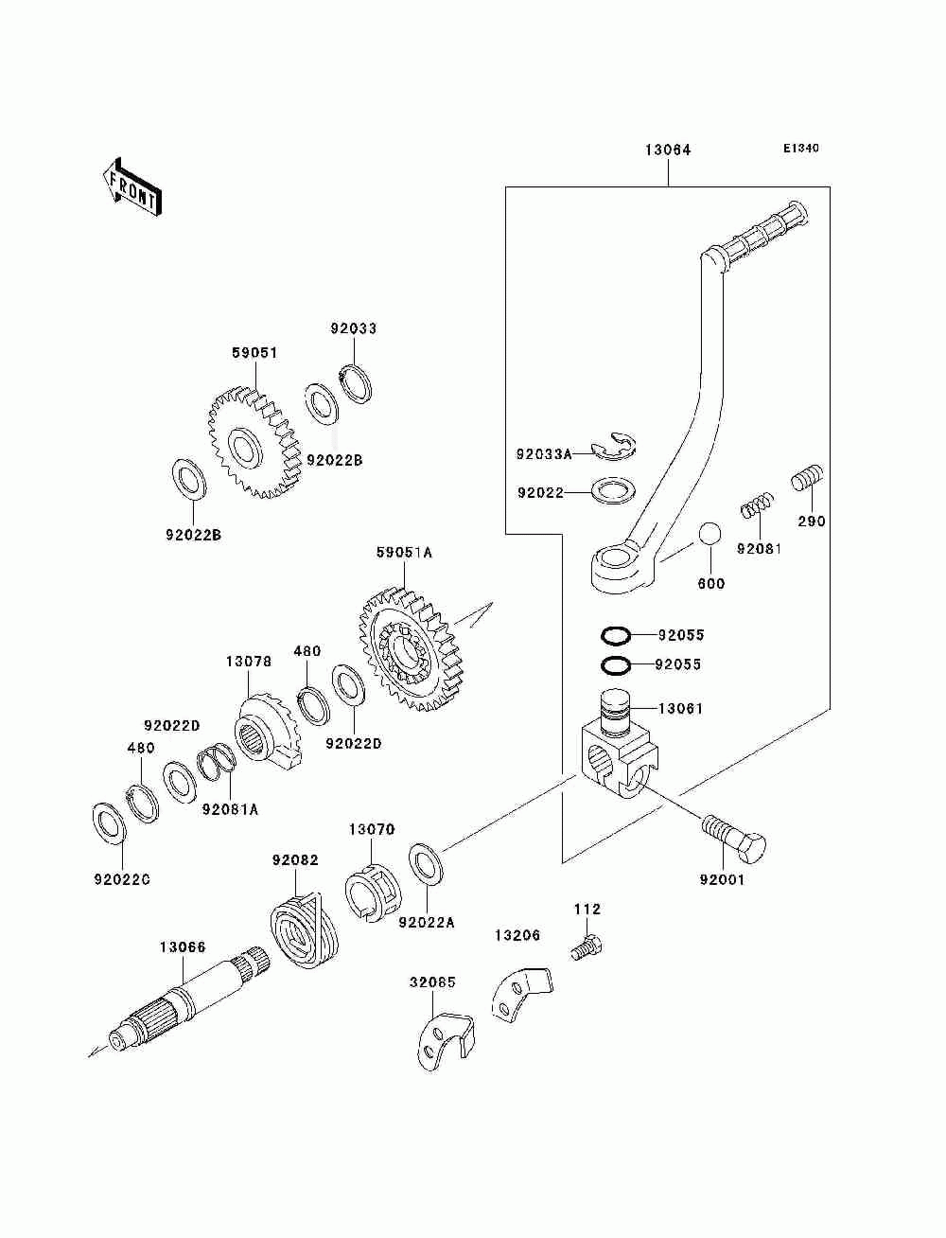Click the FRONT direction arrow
[x=131, y=186]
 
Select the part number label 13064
[x=668, y=150]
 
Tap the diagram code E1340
[x=800, y=149]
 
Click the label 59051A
[x=404, y=553]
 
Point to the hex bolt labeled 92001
[x=733, y=845]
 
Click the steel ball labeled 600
[x=710, y=534]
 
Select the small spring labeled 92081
[x=757, y=504]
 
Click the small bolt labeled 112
[x=587, y=947]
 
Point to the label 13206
[x=517, y=935]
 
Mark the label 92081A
[x=230, y=809]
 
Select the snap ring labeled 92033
[x=358, y=383]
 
